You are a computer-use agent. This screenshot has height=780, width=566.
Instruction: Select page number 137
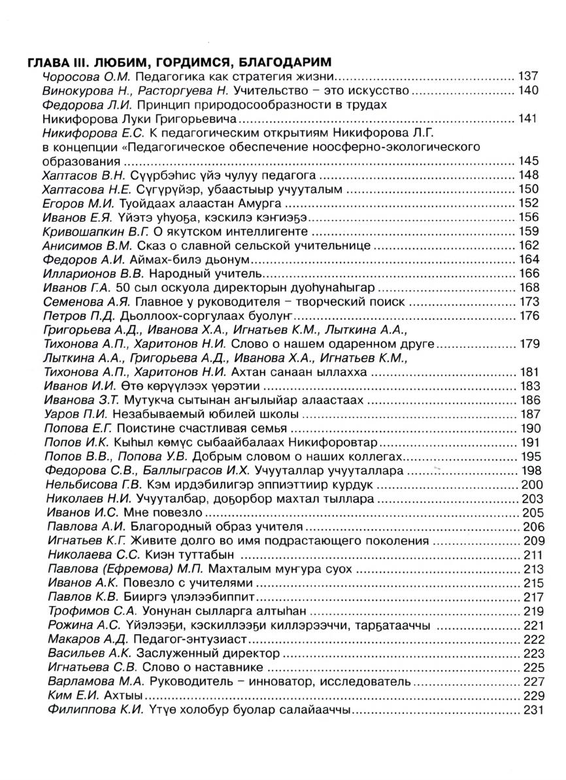527,76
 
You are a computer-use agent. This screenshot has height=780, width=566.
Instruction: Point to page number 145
527,161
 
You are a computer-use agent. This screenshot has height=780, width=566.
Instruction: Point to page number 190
527,429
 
